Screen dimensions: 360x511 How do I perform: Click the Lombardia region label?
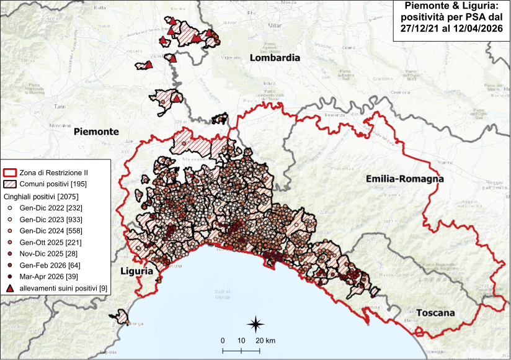(x=275, y=58)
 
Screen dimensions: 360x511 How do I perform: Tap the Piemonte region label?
(x=96, y=132)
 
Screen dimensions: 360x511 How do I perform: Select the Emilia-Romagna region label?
(x=405, y=179)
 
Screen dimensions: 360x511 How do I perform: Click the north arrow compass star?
(x=255, y=323)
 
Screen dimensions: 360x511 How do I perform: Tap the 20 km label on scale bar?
(x=266, y=341)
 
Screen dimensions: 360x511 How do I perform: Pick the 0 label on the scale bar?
(x=223, y=341)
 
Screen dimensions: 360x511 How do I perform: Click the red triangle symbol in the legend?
(x=9, y=289)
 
